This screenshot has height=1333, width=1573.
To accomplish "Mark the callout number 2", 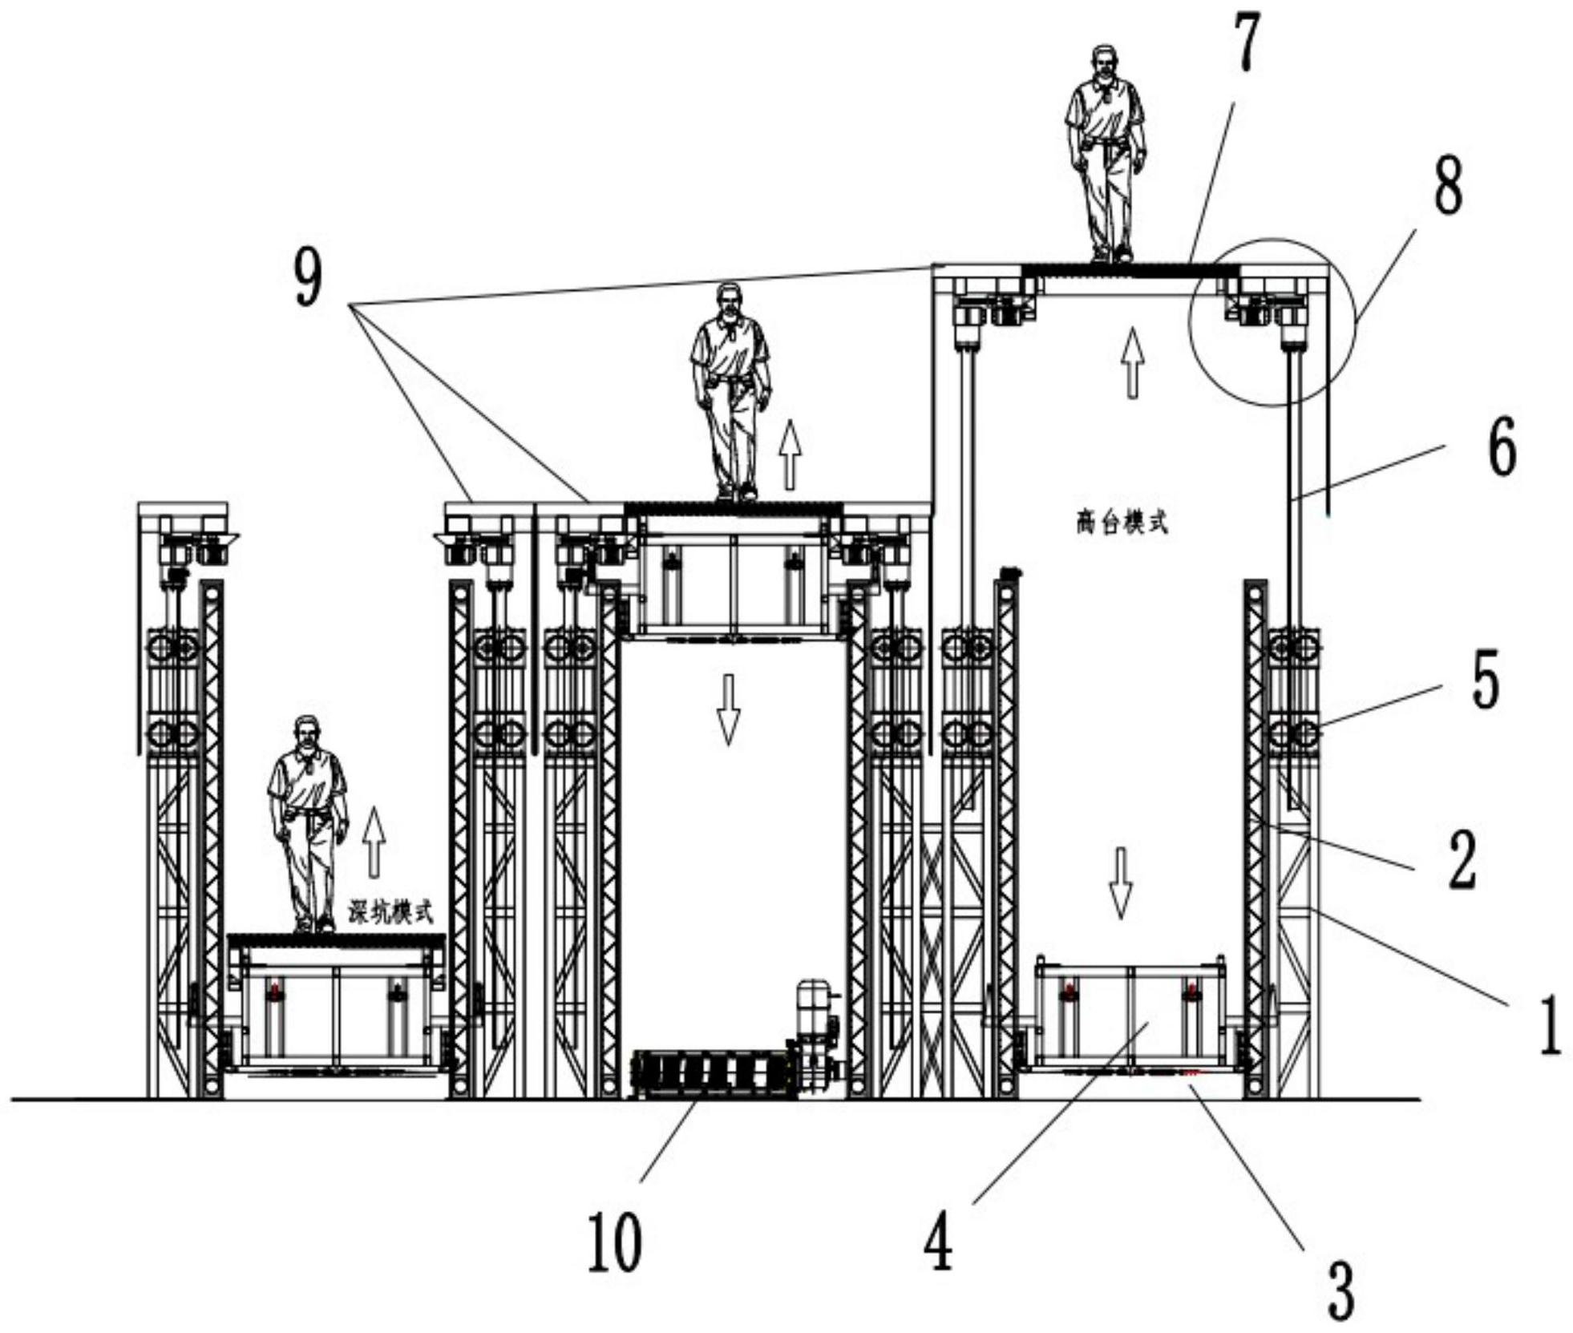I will (1461, 861).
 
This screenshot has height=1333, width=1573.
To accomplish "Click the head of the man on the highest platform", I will (1105, 61).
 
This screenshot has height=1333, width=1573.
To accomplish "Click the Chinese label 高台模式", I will (1121, 523).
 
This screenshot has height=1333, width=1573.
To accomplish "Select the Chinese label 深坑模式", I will (390, 912).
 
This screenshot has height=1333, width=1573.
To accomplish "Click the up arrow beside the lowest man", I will (373, 842).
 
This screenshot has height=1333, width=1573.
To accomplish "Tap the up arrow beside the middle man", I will (790, 454).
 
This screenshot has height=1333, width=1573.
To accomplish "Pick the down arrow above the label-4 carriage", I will (1120, 882).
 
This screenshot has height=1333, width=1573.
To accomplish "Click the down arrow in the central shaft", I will (728, 709).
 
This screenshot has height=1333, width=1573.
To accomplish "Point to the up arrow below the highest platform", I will (1131, 362).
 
